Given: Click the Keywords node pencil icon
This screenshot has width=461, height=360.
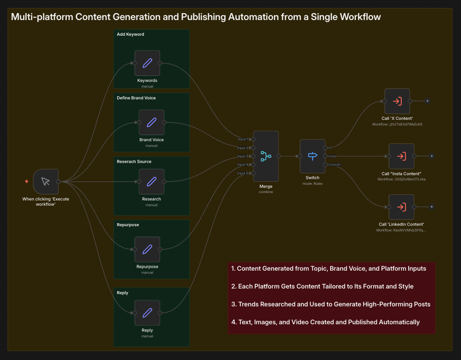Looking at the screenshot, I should [147, 63].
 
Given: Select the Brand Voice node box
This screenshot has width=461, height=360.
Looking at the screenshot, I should [151, 122].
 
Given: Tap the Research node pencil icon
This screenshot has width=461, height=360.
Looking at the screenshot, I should [151, 181].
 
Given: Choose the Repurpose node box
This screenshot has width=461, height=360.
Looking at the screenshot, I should [147, 249].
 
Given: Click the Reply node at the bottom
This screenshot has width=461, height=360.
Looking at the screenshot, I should [147, 312].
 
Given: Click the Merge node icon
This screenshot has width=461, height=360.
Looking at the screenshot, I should [266, 156].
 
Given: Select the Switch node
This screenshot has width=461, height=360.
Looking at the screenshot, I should [312, 156].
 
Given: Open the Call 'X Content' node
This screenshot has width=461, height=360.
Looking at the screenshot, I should [397, 101].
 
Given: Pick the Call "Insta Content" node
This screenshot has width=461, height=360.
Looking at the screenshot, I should [401, 156].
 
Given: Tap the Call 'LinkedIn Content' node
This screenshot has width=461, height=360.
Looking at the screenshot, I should [401, 207].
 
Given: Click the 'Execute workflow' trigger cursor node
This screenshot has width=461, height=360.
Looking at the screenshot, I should [45, 181].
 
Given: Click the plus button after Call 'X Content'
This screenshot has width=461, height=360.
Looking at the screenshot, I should [427, 101].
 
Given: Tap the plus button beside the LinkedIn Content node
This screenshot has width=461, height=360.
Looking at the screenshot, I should [431, 207].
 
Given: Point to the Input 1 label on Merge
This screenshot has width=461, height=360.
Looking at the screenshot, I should [242, 139].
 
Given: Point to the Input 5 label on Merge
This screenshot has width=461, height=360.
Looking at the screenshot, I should [242, 173].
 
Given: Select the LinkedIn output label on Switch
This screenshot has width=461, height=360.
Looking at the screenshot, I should [335, 164].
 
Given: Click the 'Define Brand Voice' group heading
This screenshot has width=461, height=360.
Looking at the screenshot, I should [136, 98].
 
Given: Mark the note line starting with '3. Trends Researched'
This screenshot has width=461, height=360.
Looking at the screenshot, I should [331, 304].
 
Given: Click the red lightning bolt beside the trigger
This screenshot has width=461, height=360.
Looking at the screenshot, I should [27, 181].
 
